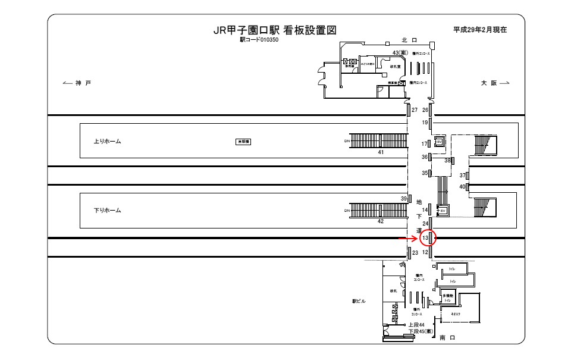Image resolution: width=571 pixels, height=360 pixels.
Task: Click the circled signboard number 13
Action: click(x=425, y=239)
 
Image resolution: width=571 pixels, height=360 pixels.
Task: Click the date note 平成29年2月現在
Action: click(x=480, y=29)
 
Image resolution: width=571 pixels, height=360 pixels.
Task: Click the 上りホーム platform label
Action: click(x=108, y=142)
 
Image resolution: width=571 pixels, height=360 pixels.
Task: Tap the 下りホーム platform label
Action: click(x=108, y=210)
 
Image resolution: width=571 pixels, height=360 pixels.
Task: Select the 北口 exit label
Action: click(x=410, y=40)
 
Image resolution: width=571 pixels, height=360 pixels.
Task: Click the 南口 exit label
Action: click(x=447, y=337)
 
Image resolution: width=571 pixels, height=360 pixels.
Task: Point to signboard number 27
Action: click(x=415, y=110)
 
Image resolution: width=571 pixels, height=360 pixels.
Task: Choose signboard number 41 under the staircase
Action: click(x=381, y=153)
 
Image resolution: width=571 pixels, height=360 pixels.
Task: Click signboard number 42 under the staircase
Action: click(x=381, y=221)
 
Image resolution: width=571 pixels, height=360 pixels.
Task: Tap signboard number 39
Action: click(x=404, y=198)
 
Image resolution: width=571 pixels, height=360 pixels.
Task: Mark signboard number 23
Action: click(x=415, y=253)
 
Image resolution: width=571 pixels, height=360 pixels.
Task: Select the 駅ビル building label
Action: click(x=359, y=301)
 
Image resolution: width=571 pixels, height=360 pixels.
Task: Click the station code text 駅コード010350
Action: click(x=259, y=40)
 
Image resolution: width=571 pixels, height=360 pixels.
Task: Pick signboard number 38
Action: click(x=448, y=160)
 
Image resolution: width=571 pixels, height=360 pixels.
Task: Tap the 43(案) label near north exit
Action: click(x=399, y=53)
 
